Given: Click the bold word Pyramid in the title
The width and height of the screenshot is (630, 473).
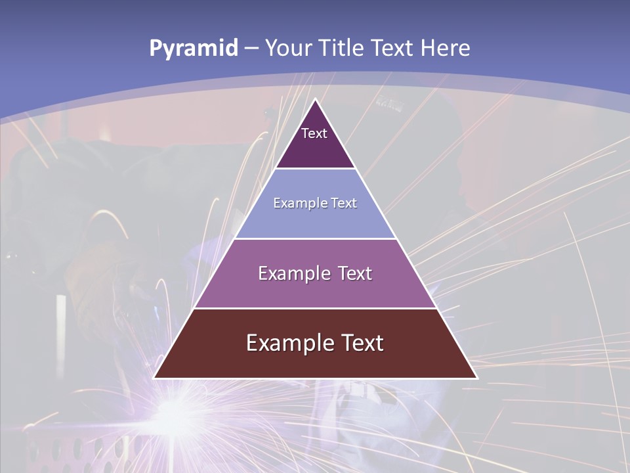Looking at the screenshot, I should (194, 49).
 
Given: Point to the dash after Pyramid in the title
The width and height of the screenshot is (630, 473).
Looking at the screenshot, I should (251, 49).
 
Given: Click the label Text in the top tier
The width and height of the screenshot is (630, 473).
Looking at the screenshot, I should (314, 134).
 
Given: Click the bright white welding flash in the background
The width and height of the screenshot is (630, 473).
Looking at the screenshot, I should (174, 411).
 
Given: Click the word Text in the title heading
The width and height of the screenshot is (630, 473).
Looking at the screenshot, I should (393, 49).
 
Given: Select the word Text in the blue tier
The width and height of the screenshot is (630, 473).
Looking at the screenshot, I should (343, 204).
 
